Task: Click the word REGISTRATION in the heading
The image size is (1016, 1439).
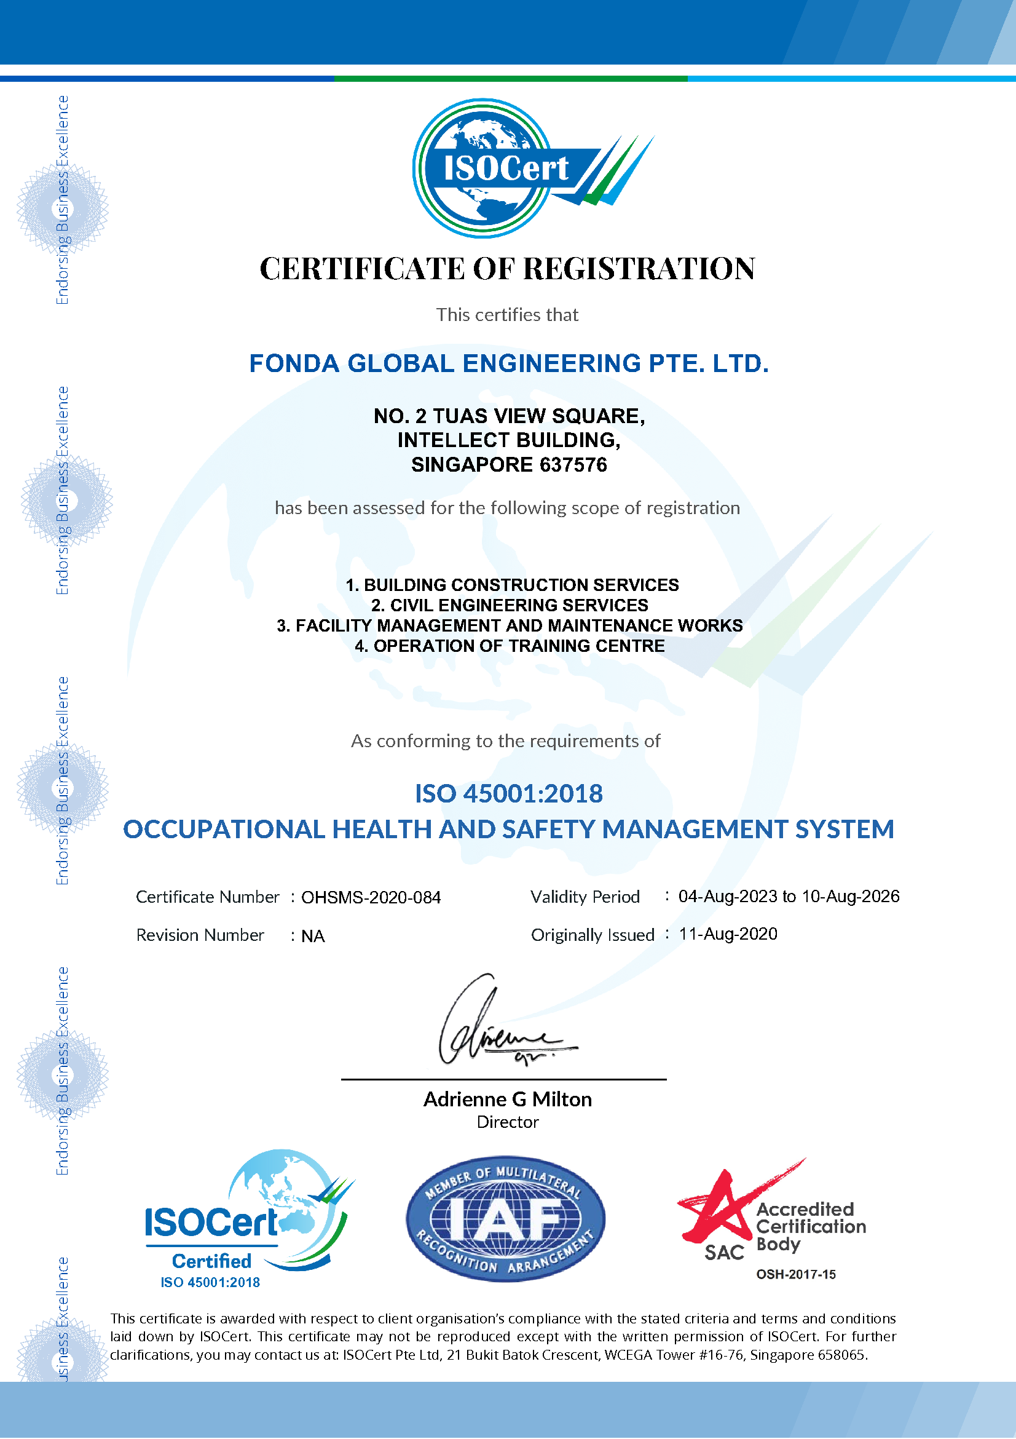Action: point(639,269)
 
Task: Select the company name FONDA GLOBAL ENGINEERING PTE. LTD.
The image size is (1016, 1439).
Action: point(509,363)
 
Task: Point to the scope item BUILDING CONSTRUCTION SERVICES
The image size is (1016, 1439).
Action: point(521,585)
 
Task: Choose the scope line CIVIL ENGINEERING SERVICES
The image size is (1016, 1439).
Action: point(519,606)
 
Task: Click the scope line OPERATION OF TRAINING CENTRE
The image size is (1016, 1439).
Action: point(519,646)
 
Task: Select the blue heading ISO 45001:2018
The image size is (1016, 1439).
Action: point(509,793)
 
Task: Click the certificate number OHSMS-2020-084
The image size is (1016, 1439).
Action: point(371,897)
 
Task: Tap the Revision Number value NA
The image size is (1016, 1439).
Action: point(313,937)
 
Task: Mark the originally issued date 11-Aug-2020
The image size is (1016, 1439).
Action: point(728,934)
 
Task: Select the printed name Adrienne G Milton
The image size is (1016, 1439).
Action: point(507,1100)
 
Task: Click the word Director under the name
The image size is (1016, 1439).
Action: point(507,1122)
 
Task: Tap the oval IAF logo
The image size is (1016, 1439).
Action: point(505,1218)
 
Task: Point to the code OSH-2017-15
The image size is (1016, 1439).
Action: point(795,1274)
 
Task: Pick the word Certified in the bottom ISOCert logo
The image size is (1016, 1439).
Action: point(211,1261)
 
